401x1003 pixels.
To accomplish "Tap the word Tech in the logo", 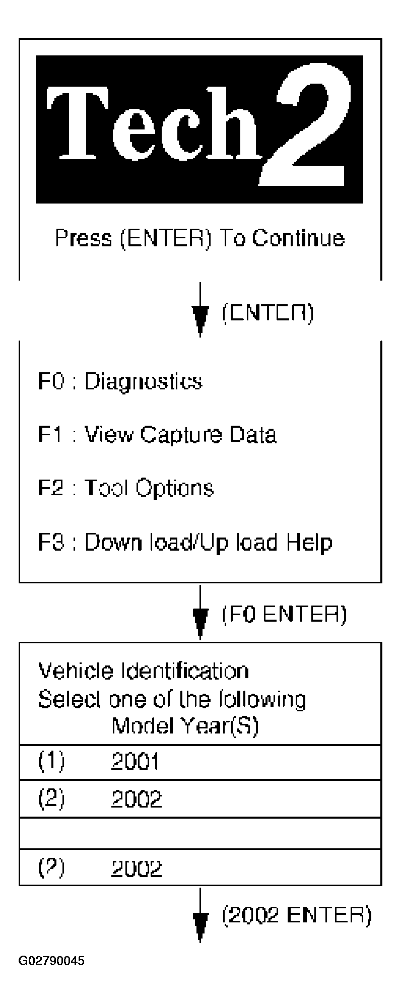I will pos(154,123).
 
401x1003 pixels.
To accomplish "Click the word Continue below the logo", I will pos(298,238).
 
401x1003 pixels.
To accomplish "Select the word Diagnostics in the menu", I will pos(143,382).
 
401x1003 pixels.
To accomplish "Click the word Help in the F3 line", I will pos(309,543).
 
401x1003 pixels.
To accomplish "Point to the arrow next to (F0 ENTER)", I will pos(201,612).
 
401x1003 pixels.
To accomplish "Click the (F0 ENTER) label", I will pos(285,615).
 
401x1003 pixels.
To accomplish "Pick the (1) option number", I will pos(51,762).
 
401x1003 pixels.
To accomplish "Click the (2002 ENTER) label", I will pos(297,915).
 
